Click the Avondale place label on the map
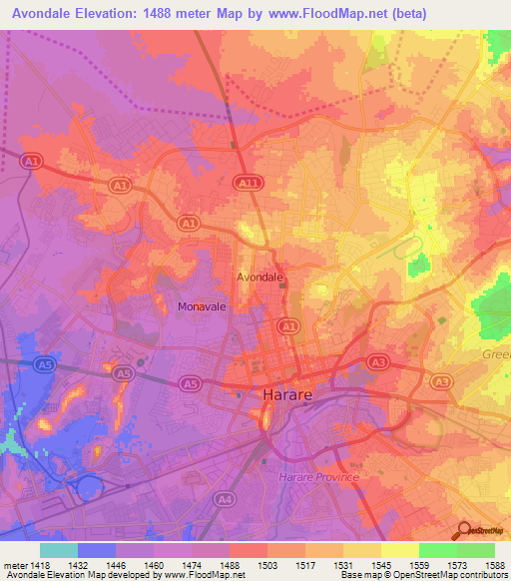coord(260,277)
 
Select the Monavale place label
coord(202,307)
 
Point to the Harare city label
coord(289,395)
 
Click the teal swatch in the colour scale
coord(59,550)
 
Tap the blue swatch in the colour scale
coord(97,550)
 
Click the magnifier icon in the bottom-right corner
coord(463,530)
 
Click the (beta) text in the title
coord(408,14)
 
